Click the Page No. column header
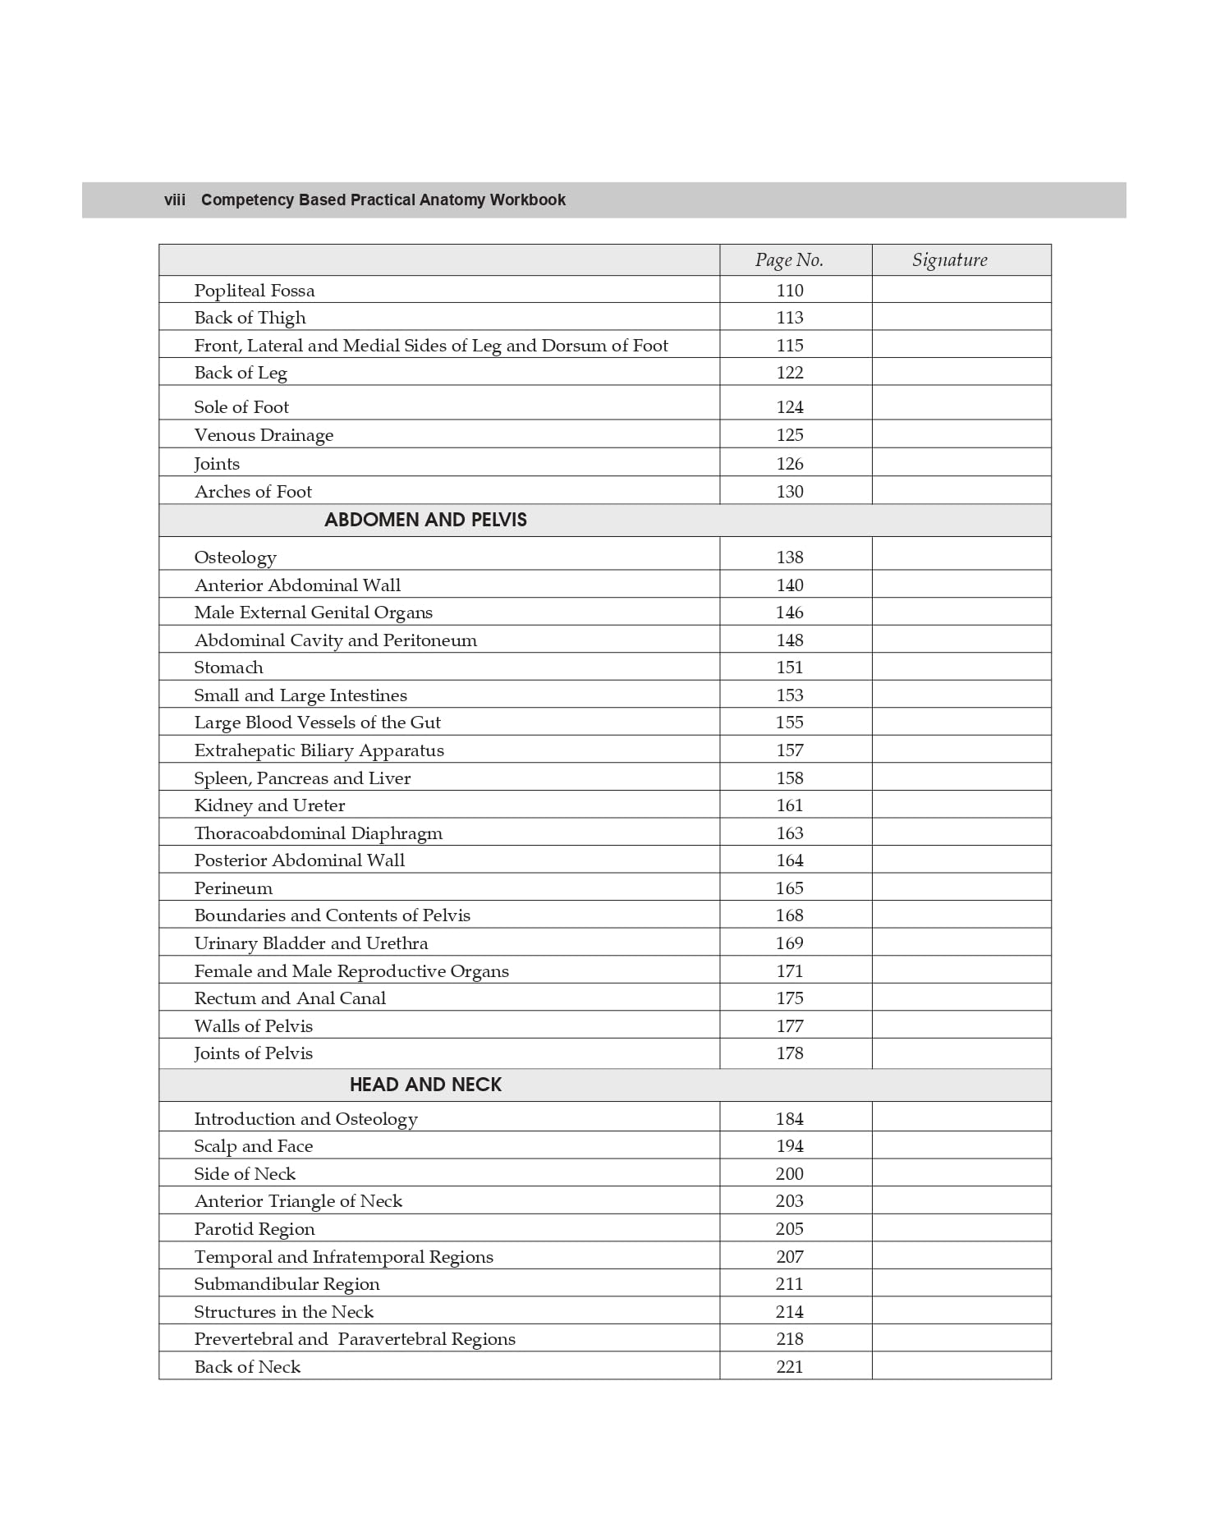[789, 260]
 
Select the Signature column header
[949, 260]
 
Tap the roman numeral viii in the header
[175, 200]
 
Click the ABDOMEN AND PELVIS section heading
[425, 520]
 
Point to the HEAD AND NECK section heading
[425, 1085]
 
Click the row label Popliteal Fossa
[255, 291]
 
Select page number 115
[790, 346]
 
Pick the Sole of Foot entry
[241, 407]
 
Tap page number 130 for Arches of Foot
[790, 492]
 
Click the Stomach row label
[228, 668]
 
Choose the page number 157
[790, 750]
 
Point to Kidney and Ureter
[269, 805]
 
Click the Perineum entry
[233, 888]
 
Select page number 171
[790, 971]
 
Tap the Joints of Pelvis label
[253, 1053]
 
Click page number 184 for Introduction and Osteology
[790, 1119]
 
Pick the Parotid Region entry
[255, 1229]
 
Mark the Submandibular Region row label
[287, 1284]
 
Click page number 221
[790, 1367]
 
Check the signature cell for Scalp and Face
[961, 1146]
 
